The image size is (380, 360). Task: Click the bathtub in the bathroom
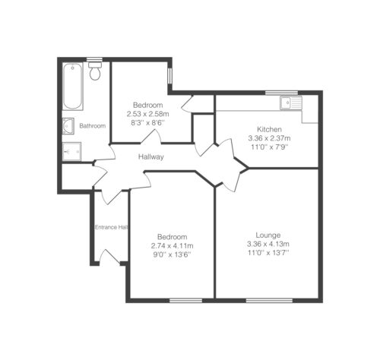[x=73, y=87]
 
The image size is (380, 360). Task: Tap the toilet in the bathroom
[x=95, y=70]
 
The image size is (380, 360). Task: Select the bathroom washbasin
[x=68, y=126]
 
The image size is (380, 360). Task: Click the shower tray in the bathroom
[x=72, y=151]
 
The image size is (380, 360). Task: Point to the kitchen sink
[x=291, y=103]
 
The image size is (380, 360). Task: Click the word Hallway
[x=151, y=157]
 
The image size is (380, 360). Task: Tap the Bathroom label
[x=93, y=126]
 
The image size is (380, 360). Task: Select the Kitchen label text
[x=269, y=129]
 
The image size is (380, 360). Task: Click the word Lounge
[x=268, y=235]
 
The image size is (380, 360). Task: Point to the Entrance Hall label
[x=111, y=227]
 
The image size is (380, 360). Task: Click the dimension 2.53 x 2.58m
[x=148, y=114]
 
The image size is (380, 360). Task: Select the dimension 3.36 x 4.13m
[x=268, y=244]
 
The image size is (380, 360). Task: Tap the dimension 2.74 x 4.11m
[x=173, y=245]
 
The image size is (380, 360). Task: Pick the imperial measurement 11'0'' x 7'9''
[x=269, y=147]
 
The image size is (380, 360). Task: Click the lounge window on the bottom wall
[x=270, y=301]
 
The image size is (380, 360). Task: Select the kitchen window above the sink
[x=282, y=93]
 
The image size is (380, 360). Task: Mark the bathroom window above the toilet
[x=94, y=60]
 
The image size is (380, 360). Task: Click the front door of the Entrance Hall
[x=109, y=257]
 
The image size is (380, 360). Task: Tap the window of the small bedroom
[x=170, y=75]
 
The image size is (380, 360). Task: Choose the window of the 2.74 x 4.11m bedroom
[x=186, y=301]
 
